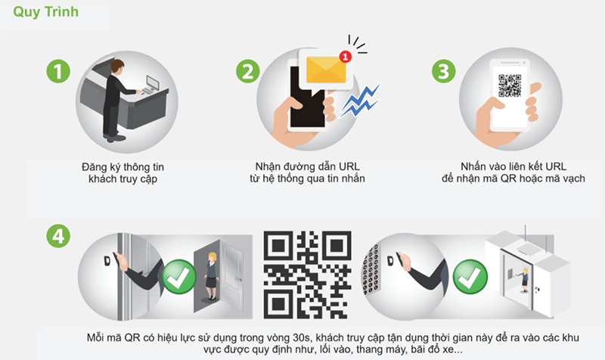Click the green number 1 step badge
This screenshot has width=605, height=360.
coord(58,71)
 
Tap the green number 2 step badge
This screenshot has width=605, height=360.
coord(248,71)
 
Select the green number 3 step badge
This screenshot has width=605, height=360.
coord(443,71)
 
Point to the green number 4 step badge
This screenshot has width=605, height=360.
coord(58,236)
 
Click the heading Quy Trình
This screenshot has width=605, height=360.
coord(45,12)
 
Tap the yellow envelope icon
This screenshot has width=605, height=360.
coord(326,70)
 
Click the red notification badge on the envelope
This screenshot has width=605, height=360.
coord(346,57)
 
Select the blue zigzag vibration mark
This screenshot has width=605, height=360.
coord(360,101)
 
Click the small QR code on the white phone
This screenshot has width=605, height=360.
coord(510,85)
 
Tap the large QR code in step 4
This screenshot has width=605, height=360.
coord(308,275)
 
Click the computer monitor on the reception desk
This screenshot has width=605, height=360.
coord(152,82)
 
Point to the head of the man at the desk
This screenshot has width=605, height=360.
coord(117,67)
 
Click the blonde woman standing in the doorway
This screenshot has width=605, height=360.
coord(212,276)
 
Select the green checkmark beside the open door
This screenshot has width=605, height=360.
coord(179,277)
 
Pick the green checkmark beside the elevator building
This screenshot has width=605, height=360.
coord(470,277)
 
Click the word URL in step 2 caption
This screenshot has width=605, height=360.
coord(349,166)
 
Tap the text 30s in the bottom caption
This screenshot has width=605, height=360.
coord(301,338)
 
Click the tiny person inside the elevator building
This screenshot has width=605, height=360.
coord(525,280)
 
